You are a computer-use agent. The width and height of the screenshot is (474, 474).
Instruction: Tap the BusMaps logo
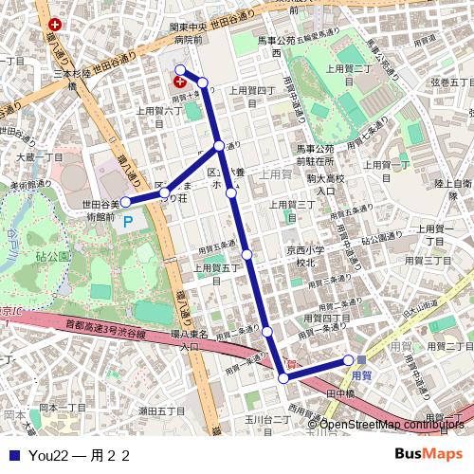pos(428,454)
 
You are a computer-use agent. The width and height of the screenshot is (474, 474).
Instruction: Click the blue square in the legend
pos(13,455)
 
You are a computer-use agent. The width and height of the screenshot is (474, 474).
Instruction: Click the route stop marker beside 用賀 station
pos(349,359)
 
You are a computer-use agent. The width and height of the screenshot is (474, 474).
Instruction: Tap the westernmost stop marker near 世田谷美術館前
pos(125,202)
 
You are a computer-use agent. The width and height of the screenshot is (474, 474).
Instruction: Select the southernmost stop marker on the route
pos(283,378)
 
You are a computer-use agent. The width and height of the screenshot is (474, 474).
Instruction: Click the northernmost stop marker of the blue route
pos(180,69)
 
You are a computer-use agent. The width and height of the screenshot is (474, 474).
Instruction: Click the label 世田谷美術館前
pos(100,210)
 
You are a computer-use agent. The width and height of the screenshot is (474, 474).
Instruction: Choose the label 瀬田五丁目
pos(162,410)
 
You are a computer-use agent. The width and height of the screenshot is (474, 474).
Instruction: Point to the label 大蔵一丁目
pos(39,156)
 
